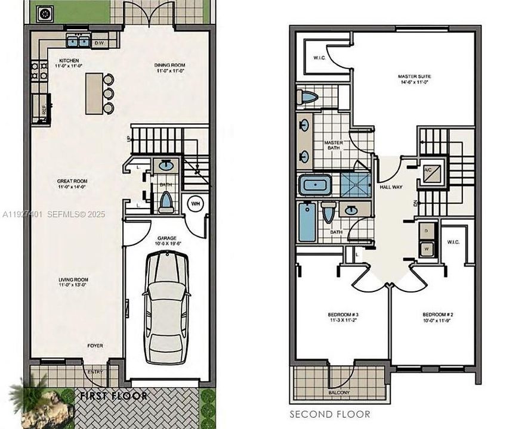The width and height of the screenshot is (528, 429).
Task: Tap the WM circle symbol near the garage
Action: (196, 204)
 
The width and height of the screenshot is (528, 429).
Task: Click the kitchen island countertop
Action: (93, 93)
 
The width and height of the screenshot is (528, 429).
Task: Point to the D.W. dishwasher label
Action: (100, 42)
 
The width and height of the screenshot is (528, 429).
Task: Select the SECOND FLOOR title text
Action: (330, 414)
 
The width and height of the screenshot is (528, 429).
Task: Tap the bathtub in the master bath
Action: (315, 185)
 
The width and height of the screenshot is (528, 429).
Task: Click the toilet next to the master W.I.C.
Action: (308, 97)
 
